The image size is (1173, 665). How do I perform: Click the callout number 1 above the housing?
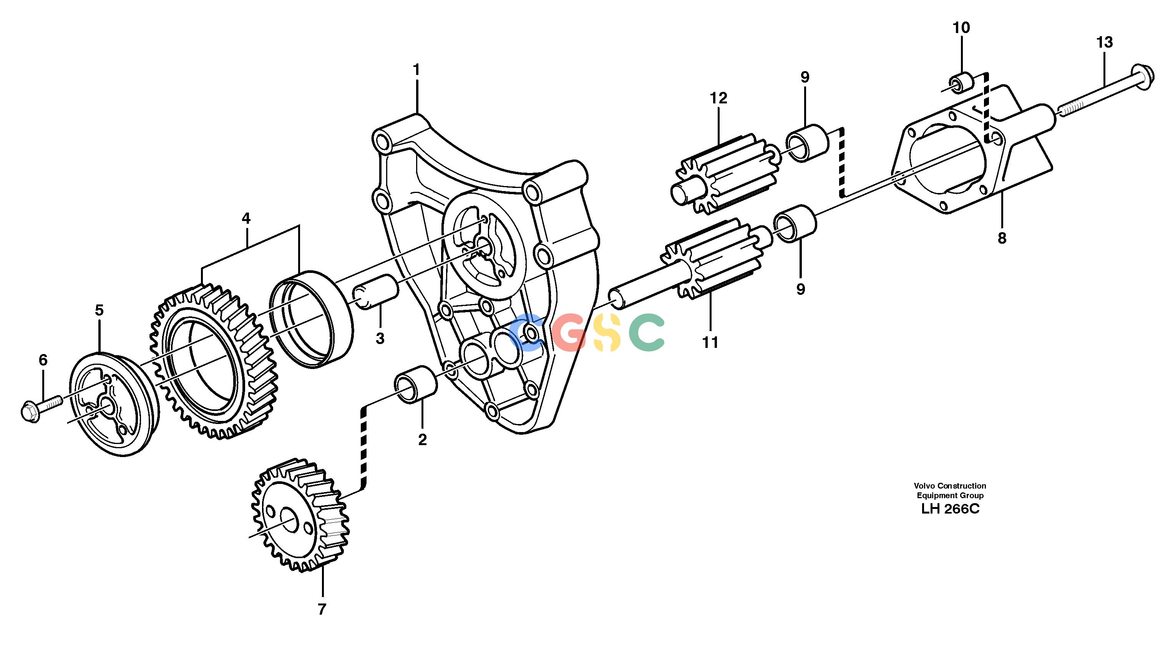416,70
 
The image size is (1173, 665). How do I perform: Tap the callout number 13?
1105,43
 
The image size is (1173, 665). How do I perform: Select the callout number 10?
961,28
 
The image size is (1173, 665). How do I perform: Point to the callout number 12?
718,98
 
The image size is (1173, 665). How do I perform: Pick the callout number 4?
246,218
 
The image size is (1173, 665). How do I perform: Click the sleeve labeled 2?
415,384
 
